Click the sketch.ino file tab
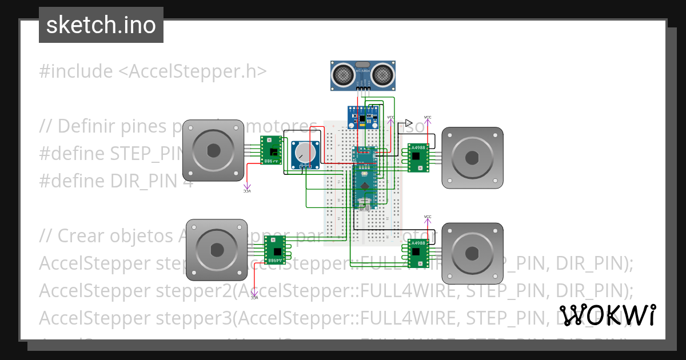click(101, 25)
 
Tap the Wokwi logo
click(607, 315)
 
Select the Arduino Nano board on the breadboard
click(365, 177)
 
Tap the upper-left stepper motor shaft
click(213, 150)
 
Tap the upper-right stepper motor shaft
click(472, 158)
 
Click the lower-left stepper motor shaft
click(217, 250)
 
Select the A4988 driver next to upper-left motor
click(272, 150)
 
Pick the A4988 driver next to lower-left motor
click(275, 250)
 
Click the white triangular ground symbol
click(408, 123)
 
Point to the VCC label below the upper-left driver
click(247, 191)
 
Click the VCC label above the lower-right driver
click(428, 217)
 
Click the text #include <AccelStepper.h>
click(153, 71)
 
